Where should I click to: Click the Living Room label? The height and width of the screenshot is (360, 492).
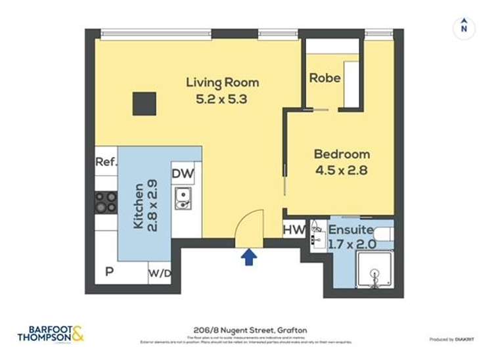(x=222, y=83)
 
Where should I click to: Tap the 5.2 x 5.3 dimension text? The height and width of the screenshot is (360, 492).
(x=222, y=100)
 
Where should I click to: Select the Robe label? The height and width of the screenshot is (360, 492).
(x=324, y=78)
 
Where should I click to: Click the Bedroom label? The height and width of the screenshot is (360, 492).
(x=341, y=154)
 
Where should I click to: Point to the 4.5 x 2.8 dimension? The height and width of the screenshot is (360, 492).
(x=341, y=171)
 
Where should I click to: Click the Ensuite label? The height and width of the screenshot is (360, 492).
(x=351, y=231)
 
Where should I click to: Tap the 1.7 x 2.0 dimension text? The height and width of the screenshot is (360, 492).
(x=351, y=244)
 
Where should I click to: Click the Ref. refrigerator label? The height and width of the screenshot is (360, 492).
(x=106, y=162)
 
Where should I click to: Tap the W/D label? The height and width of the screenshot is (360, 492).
(x=159, y=272)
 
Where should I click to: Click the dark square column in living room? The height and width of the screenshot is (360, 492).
(x=145, y=104)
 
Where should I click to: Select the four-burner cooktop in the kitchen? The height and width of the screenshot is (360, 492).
(x=106, y=202)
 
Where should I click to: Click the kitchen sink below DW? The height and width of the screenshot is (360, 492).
(x=183, y=198)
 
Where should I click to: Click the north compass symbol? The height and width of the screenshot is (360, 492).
(x=464, y=27)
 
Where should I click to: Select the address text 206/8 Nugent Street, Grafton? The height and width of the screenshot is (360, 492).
(x=246, y=330)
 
